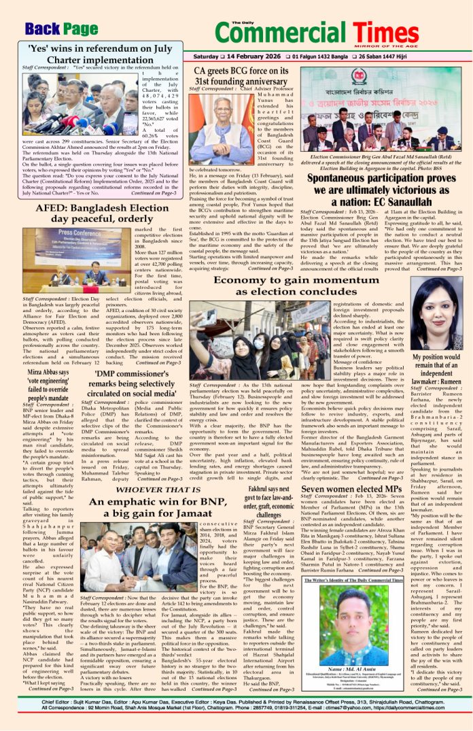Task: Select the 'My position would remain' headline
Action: [432, 375]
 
